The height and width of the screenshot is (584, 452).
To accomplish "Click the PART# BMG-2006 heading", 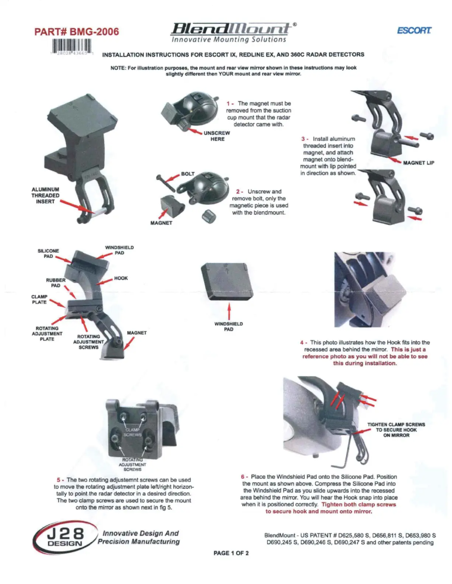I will click(78, 32).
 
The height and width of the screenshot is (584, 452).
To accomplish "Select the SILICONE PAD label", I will click(48, 253).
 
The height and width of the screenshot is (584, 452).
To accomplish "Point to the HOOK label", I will click(121, 278).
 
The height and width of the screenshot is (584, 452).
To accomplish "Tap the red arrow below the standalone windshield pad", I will click(228, 312).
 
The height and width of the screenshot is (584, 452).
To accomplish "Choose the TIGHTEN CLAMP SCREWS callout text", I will click(396, 429).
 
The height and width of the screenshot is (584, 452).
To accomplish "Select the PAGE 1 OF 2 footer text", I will click(231, 553).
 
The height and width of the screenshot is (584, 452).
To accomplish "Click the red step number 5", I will click(59, 479).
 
